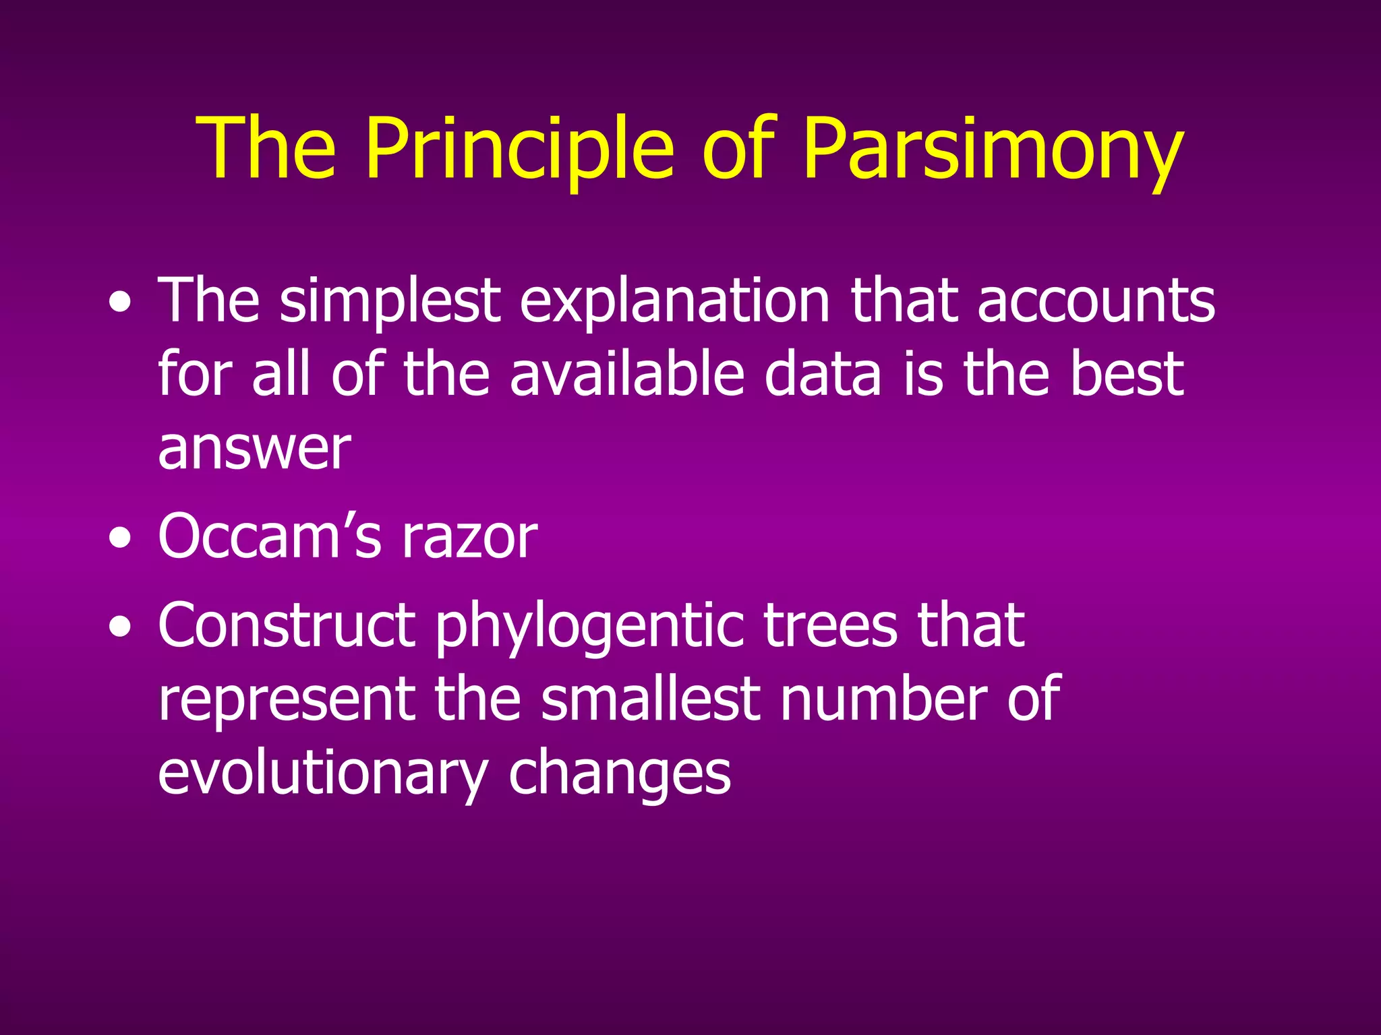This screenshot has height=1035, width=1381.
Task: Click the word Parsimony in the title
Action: click(993, 150)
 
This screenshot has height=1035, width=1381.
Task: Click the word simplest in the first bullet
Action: click(390, 301)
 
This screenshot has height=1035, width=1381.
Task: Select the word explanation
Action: click(674, 301)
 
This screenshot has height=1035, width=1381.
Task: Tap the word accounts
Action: click(1096, 301)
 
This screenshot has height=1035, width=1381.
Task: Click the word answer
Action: click(254, 450)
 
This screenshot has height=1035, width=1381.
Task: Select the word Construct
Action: click(286, 625)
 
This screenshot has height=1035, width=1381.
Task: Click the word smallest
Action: click(650, 699)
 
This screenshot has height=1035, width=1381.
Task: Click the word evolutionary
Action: click(322, 774)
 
